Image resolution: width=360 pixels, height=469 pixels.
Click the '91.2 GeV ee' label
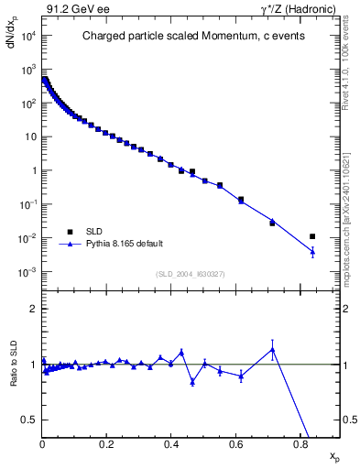pyautogui.click(x=68, y=10)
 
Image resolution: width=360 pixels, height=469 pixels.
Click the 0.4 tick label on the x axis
pyautogui.click(x=171, y=443)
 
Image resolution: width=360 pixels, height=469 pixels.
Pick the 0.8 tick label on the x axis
pyautogui.click(x=300, y=443)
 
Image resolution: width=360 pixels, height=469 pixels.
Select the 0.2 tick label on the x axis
pyautogui.click(x=106, y=443)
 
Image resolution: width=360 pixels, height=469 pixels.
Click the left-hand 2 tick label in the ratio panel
pyautogui.click(x=33, y=309)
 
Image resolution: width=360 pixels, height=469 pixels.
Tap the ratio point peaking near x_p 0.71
pyautogui.click(x=272, y=349)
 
